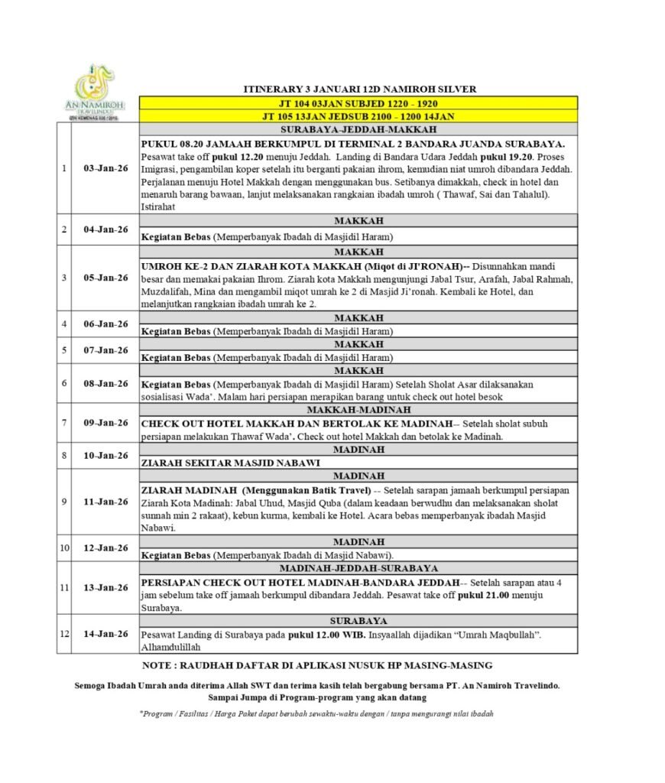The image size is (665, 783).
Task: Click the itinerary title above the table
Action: pos(358,89)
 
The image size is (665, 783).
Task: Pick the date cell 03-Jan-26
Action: pos(105,168)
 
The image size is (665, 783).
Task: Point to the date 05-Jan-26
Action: pos(105,278)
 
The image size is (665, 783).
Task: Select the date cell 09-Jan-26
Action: pos(105,422)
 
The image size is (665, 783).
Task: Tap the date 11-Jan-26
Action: pos(105,502)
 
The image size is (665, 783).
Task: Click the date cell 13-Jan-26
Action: pos(105,587)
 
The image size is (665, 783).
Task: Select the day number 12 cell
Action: pos(65,633)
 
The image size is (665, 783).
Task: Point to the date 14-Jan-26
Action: pos(105,633)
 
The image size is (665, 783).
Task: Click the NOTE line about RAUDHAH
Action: pos(317,665)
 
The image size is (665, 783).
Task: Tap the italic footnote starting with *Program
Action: pos(316,713)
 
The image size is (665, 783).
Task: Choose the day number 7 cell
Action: pos(65,422)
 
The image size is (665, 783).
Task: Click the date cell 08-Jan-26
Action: pos(105,383)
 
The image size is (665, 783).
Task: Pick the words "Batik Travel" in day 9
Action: pos(336,489)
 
